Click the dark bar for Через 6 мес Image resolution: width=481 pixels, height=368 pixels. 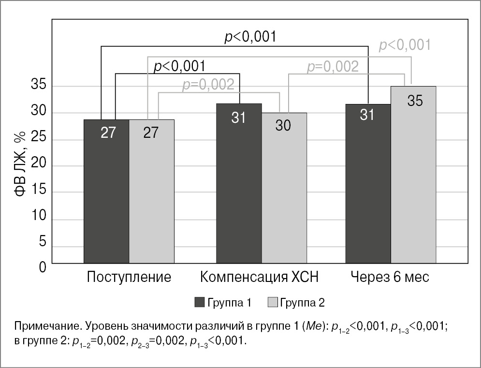click(x=368, y=183)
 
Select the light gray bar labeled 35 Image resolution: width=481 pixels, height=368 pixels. click(x=413, y=175)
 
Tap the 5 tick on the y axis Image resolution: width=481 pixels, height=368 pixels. click(x=42, y=242)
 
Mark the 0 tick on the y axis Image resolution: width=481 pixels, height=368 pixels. click(x=42, y=266)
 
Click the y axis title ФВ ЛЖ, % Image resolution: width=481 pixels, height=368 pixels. click(x=19, y=164)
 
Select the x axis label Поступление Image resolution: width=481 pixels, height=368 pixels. click(x=129, y=278)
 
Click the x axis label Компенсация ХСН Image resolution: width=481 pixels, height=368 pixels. click(x=260, y=278)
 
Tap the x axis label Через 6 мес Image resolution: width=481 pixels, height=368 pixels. click(x=391, y=278)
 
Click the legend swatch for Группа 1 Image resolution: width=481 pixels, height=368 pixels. click(x=200, y=303)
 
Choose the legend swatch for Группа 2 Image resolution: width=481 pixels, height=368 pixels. click(x=272, y=303)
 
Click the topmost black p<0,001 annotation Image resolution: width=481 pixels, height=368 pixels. click(x=250, y=37)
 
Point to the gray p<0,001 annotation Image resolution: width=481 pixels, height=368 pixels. click(x=405, y=45)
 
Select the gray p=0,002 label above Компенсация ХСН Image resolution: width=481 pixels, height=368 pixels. click(x=208, y=85)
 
